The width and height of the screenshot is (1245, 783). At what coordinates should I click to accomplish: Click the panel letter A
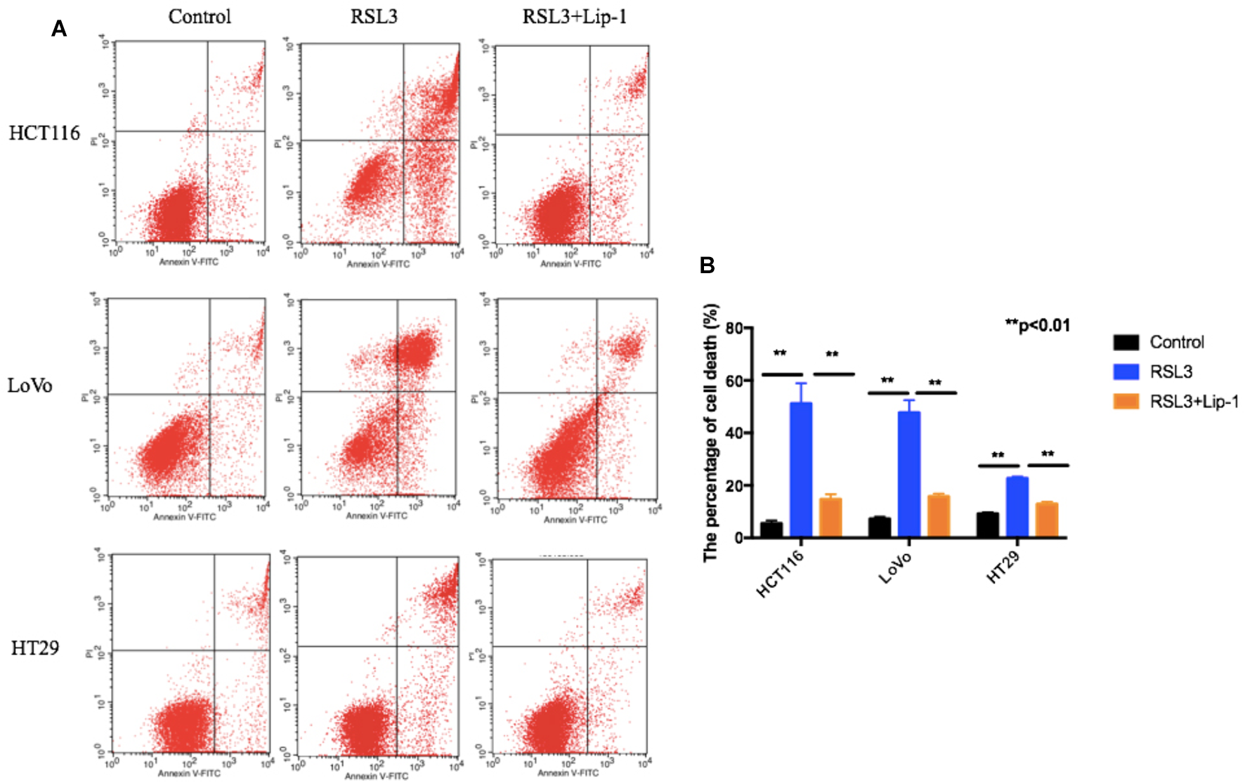(59, 29)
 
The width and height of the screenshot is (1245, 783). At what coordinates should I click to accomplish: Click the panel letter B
(707, 265)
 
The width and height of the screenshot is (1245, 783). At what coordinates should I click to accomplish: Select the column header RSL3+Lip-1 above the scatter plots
(574, 17)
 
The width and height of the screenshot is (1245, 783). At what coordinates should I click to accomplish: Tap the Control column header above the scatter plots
(200, 17)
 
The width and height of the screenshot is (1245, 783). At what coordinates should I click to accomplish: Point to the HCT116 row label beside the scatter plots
(44, 133)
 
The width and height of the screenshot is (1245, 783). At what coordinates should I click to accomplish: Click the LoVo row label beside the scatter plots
(30, 385)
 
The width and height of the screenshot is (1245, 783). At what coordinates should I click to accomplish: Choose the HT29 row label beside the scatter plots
(35, 647)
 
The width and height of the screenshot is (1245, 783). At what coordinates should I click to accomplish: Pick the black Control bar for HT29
(987, 525)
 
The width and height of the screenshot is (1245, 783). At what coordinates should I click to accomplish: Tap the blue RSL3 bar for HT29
(1017, 507)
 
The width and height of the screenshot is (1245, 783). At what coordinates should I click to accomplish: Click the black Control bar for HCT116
(771, 529)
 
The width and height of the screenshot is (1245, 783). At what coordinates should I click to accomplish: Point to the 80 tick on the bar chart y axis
(734, 328)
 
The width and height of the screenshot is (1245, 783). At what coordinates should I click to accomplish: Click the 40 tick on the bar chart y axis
(734, 433)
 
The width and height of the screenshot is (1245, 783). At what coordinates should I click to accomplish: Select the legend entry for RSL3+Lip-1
(1193, 402)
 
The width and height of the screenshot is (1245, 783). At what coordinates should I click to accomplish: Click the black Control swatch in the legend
(1126, 342)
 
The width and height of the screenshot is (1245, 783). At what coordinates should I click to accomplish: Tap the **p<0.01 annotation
(1037, 325)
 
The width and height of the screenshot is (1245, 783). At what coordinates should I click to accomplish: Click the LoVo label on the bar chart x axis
(895, 567)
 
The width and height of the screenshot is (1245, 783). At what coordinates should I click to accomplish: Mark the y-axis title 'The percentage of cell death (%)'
(711, 432)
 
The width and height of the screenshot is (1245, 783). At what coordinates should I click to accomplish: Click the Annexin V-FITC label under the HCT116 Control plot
(188, 262)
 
